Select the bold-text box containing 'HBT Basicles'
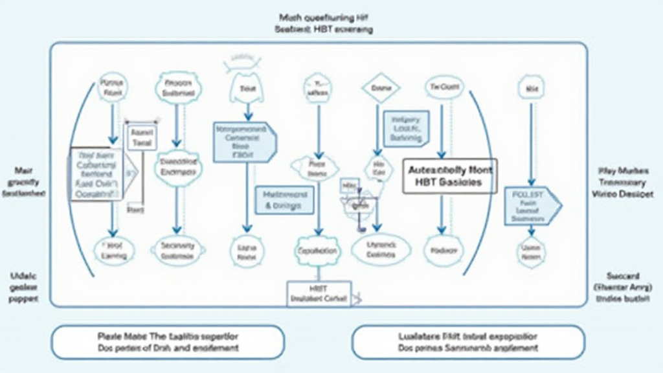click(x=450, y=176)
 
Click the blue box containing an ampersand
click(x=285, y=199)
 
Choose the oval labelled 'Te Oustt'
click(x=444, y=87)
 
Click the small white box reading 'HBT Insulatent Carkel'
click(x=319, y=293)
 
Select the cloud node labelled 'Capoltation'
click(x=317, y=251)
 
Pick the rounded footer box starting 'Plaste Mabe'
click(x=167, y=342)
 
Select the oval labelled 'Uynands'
click(x=380, y=249)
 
